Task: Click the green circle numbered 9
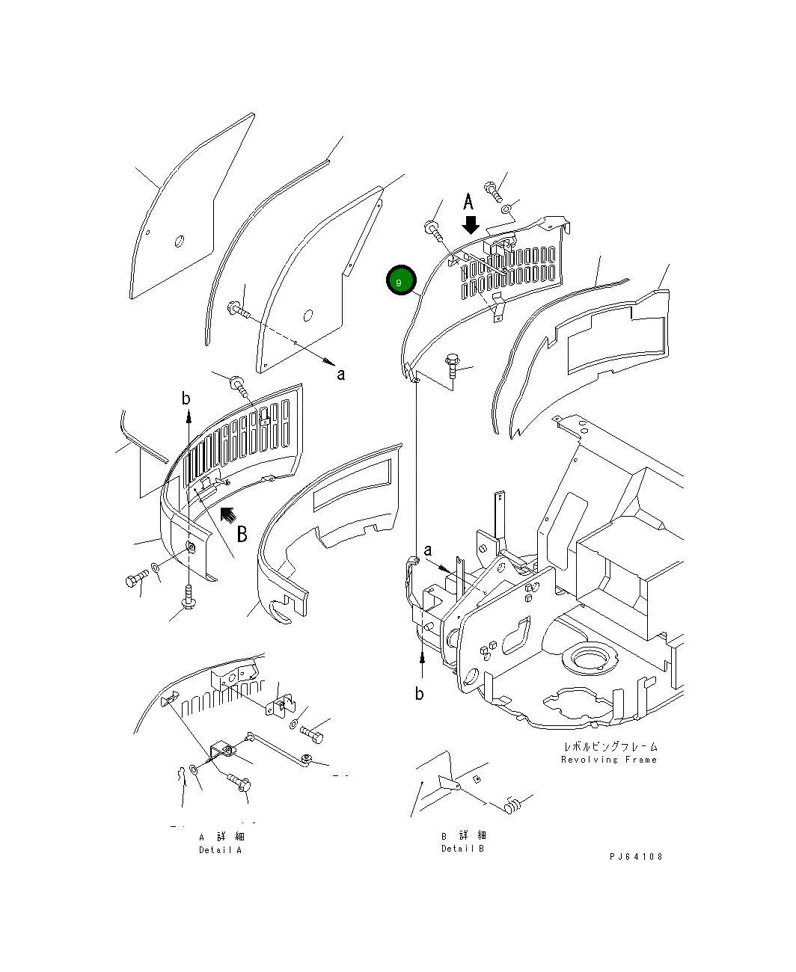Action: (x=399, y=281)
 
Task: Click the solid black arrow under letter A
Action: (x=471, y=224)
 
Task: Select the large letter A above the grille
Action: (x=468, y=202)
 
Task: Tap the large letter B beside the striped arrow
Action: (x=242, y=534)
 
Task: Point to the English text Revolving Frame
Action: (x=608, y=760)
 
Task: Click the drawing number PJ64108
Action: (x=635, y=857)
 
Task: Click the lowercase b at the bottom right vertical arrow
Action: (x=420, y=694)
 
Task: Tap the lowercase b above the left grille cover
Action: (x=186, y=399)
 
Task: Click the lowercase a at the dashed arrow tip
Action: (x=340, y=374)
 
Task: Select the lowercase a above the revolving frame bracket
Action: (x=428, y=551)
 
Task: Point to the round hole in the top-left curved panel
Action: (x=179, y=241)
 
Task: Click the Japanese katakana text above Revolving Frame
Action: (x=611, y=747)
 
